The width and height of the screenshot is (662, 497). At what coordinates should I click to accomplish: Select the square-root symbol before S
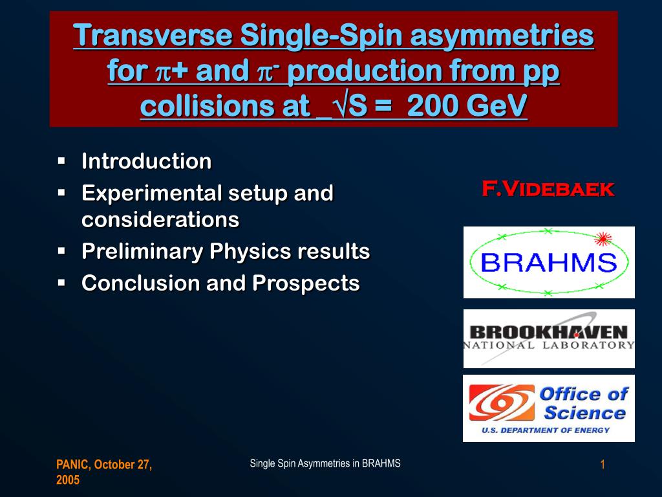[x=340, y=105]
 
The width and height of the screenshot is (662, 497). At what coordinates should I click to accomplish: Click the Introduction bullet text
[x=147, y=161]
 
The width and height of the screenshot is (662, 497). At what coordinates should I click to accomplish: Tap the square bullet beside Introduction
[x=61, y=161]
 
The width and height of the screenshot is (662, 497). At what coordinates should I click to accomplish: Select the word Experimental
[x=151, y=194]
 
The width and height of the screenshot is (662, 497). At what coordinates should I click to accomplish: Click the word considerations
[x=160, y=220]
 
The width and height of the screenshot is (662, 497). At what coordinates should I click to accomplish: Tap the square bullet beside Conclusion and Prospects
[x=61, y=282]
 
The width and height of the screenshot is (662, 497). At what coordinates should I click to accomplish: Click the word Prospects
[x=306, y=283]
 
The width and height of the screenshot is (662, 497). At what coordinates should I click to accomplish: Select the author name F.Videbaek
[x=548, y=188]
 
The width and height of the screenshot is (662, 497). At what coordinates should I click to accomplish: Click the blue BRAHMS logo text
[x=548, y=263]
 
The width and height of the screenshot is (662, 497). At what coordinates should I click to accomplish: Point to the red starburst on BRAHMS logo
[x=603, y=239]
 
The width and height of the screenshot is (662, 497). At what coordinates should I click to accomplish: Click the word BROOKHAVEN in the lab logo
[x=549, y=332]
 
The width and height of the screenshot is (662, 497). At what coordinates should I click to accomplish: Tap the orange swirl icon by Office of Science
[x=502, y=403]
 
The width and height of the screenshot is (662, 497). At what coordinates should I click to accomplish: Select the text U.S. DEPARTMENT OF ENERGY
[x=546, y=430]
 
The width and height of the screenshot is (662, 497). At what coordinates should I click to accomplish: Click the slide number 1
[x=603, y=465]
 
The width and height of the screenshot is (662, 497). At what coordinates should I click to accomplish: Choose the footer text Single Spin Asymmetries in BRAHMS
[x=325, y=463]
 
